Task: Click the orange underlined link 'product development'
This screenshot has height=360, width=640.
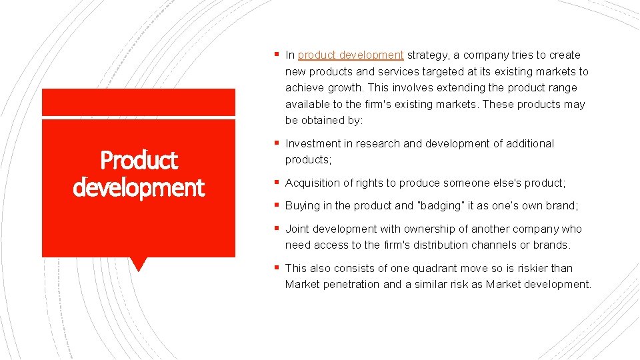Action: click(x=351, y=55)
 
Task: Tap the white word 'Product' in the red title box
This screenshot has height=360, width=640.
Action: click(x=139, y=160)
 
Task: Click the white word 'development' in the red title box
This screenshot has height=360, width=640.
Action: click(x=139, y=187)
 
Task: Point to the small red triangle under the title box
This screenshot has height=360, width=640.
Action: click(x=139, y=264)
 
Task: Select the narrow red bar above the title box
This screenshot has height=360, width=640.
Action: click(x=139, y=102)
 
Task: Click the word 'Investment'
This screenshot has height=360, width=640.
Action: click(x=311, y=144)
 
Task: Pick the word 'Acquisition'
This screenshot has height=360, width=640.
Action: click(x=312, y=183)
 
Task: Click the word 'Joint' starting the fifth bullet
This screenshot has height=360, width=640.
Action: click(x=297, y=229)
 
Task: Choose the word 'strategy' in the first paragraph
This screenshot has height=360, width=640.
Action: click(x=427, y=55)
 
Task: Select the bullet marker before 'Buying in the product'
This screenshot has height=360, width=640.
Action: click(x=277, y=205)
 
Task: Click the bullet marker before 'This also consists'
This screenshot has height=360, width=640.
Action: click(x=277, y=268)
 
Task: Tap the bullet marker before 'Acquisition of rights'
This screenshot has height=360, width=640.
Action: click(x=277, y=183)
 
